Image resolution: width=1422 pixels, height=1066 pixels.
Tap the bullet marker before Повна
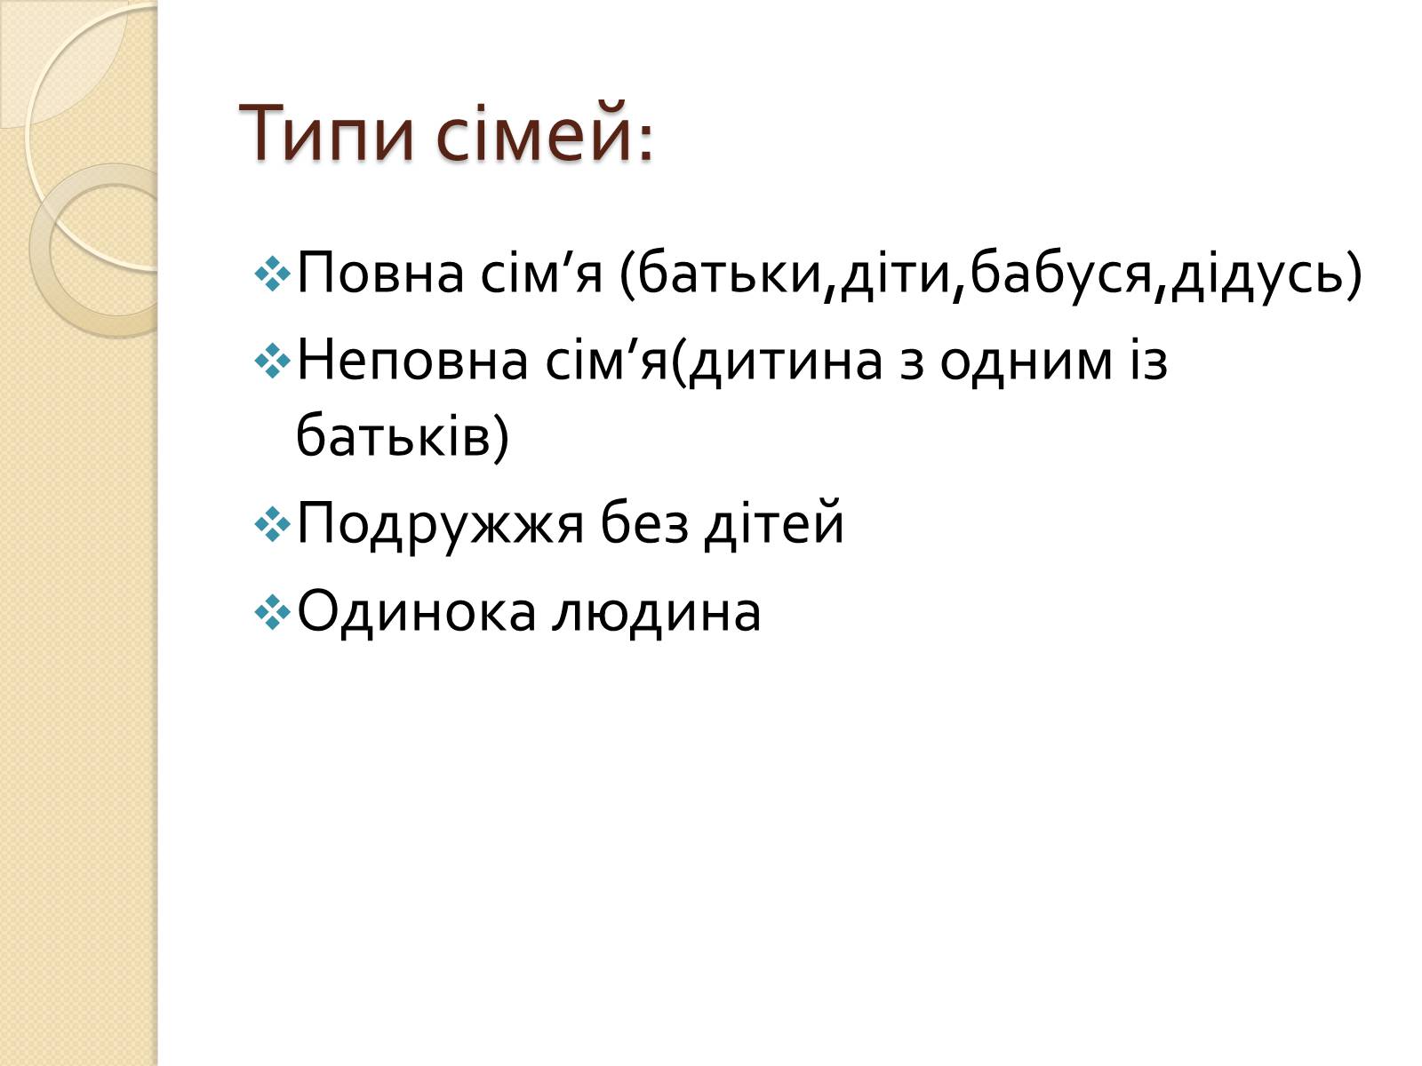click(272, 274)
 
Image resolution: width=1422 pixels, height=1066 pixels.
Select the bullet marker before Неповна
click(272, 362)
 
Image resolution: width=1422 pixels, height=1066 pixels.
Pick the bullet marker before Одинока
click(272, 613)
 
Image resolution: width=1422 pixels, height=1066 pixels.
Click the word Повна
click(380, 274)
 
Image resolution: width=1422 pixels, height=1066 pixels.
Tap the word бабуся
click(1061, 274)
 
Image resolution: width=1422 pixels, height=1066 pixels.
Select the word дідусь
click(1256, 274)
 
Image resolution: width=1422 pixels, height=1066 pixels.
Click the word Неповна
click(412, 362)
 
